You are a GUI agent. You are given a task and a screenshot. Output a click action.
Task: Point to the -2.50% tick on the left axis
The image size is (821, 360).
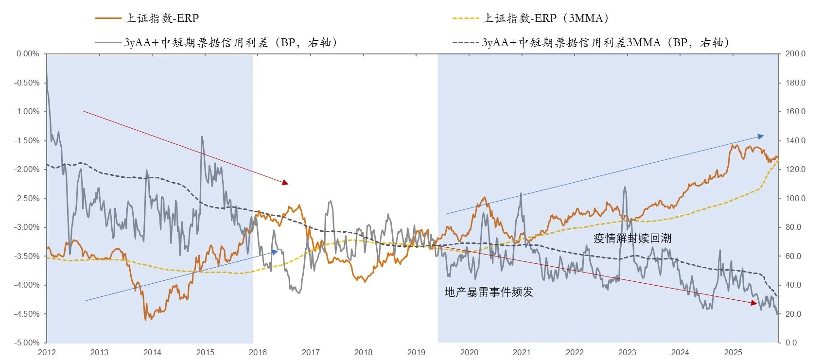pyautogui.click(x=27, y=198)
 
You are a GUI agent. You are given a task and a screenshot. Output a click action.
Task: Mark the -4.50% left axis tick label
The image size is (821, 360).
pyautogui.click(x=27, y=314)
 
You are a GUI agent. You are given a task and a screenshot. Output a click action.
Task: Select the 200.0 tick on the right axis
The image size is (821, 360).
pyautogui.click(x=796, y=54)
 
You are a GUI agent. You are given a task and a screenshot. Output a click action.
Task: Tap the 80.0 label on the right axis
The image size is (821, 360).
pyautogui.click(x=796, y=227)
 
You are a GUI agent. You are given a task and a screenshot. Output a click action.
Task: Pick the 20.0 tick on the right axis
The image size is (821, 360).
pyautogui.click(x=796, y=314)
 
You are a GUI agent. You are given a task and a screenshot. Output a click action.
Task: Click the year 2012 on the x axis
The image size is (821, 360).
pyautogui.click(x=47, y=352)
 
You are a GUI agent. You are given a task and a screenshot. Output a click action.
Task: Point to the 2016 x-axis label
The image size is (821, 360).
pyautogui.click(x=258, y=352)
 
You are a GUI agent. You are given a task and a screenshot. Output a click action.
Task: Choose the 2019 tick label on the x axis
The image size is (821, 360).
pyautogui.click(x=416, y=352)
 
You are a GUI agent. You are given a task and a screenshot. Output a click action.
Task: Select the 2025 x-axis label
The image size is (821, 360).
pyautogui.click(x=733, y=352)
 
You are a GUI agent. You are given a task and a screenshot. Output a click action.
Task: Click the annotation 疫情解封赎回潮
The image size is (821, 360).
pyautogui.click(x=632, y=238)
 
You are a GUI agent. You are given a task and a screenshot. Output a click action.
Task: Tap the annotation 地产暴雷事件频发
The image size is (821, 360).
pyautogui.click(x=489, y=292)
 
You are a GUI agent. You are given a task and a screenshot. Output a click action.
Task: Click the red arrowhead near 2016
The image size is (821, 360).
pyautogui.click(x=285, y=183)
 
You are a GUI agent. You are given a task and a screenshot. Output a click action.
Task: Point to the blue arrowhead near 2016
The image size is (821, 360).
pyautogui.click(x=275, y=252)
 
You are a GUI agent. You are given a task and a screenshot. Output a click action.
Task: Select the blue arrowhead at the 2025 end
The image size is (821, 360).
pyautogui.click(x=761, y=137)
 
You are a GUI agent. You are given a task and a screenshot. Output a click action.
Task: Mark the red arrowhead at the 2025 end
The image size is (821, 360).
pyautogui.click(x=754, y=303)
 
